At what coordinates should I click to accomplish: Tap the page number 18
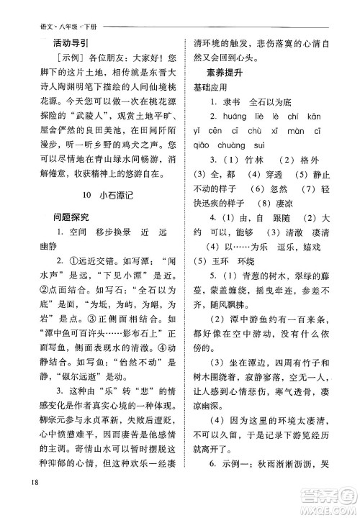(27, 501)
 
